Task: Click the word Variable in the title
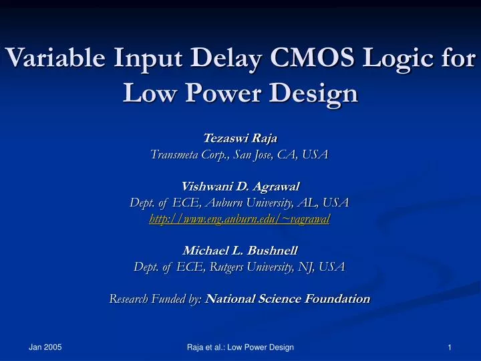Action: pyautogui.click(x=54, y=59)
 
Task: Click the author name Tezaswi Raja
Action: pyautogui.click(x=240, y=138)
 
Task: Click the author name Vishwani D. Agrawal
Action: pyautogui.click(x=240, y=187)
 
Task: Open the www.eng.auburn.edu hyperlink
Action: pyautogui.click(x=240, y=219)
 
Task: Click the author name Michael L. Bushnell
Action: pyautogui.click(x=240, y=251)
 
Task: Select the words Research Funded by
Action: pyautogui.click(x=156, y=299)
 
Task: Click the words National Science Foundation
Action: pyautogui.click(x=288, y=299)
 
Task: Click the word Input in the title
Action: pyautogui.click(x=142, y=59)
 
